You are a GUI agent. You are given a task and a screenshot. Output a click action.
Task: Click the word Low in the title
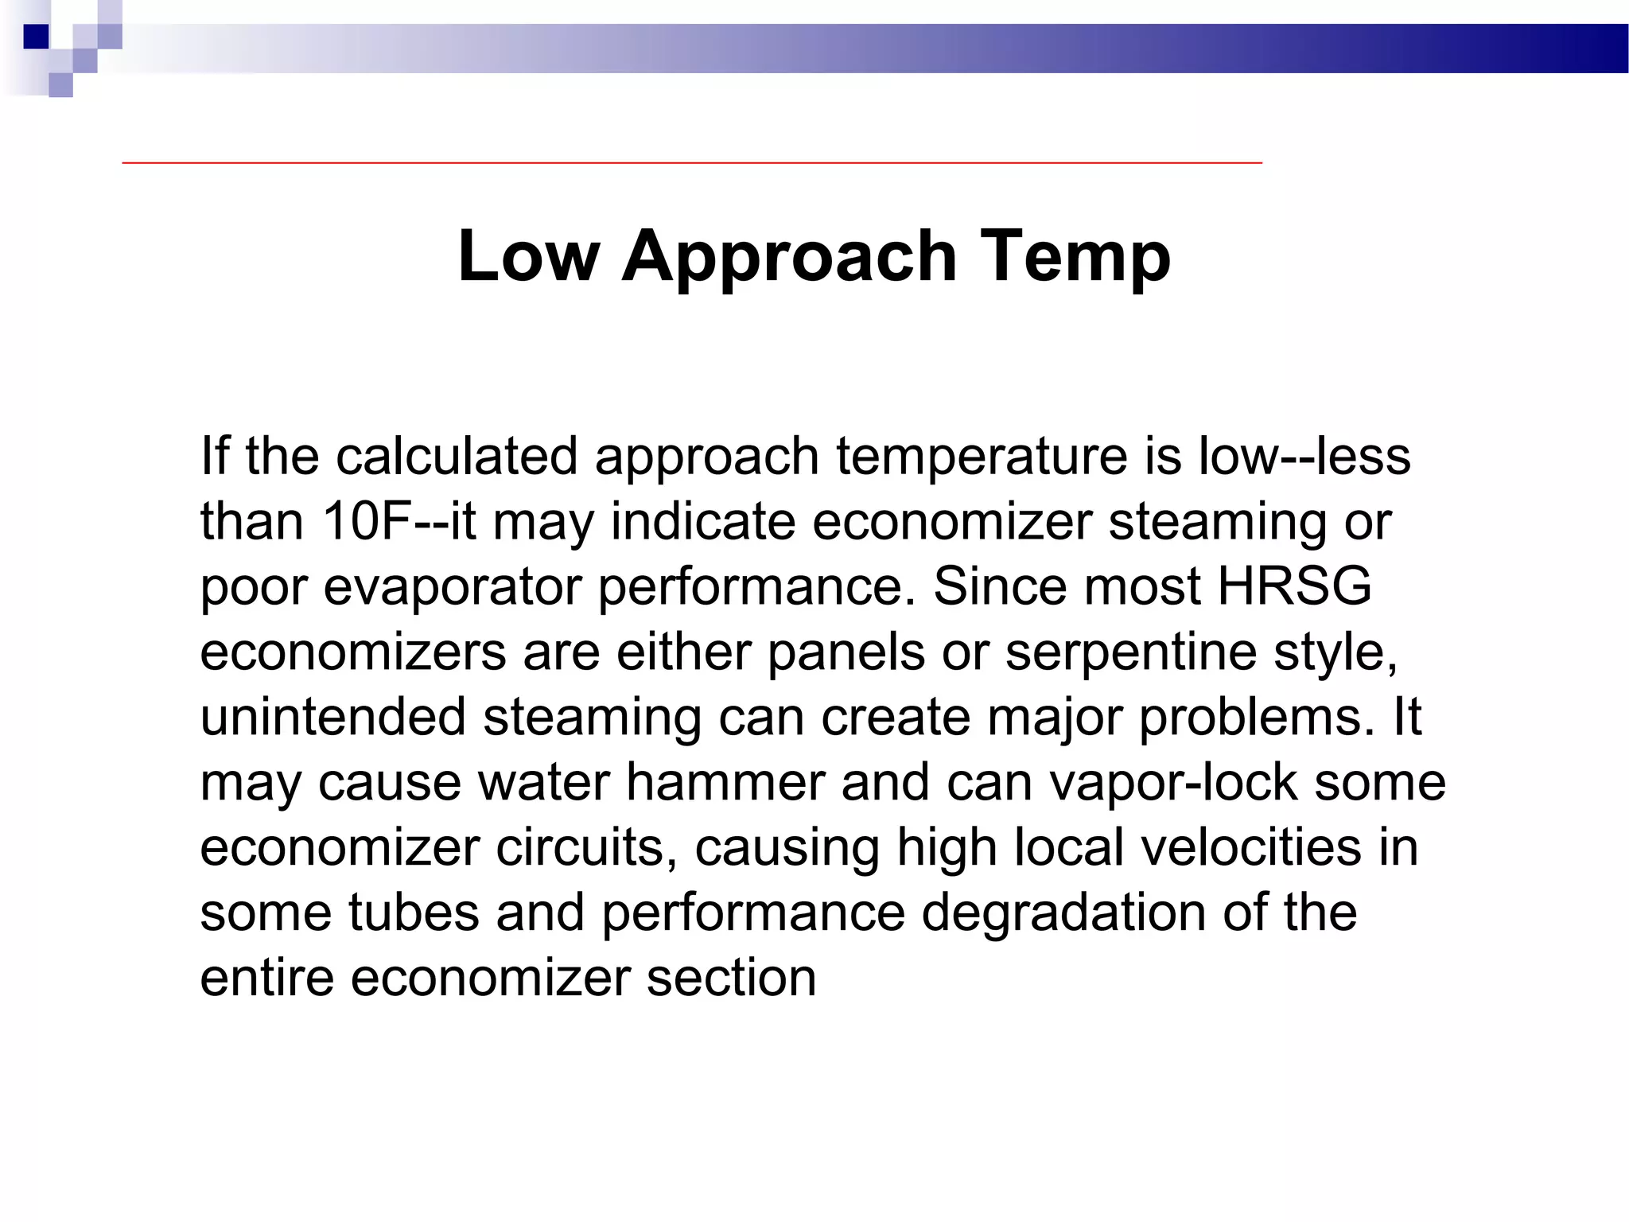click(x=528, y=255)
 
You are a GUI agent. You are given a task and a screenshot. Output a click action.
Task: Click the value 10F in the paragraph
click(x=367, y=521)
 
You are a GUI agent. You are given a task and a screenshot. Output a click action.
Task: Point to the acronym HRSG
click(x=1295, y=586)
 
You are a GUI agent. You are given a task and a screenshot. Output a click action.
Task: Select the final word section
click(x=731, y=978)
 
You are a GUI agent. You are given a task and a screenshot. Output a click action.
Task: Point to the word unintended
click(x=332, y=717)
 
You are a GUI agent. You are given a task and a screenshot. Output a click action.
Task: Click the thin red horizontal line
click(x=692, y=162)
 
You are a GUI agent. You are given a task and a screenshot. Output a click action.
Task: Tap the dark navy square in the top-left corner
click(x=36, y=37)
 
